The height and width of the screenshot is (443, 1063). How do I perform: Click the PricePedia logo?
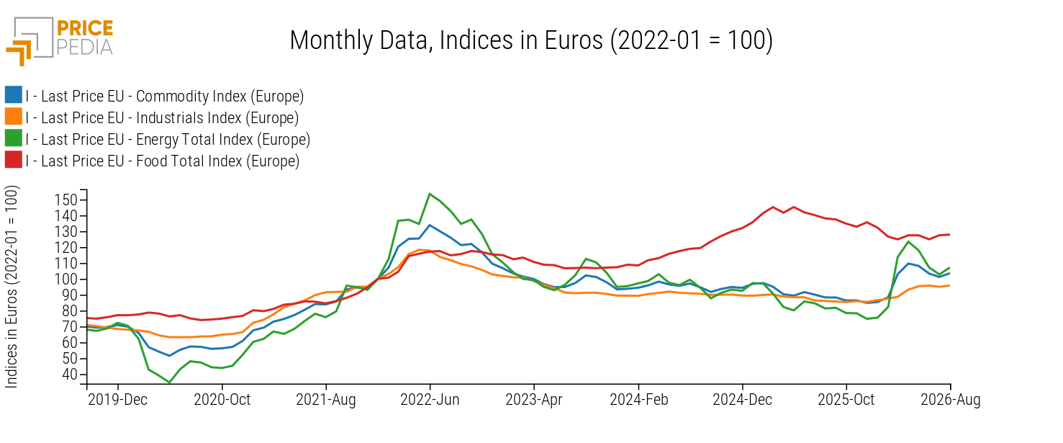[59, 41]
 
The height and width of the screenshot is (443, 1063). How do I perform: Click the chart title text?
[531, 40]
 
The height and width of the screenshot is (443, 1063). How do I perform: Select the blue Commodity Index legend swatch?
[13, 95]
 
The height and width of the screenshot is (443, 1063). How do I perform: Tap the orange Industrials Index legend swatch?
[13, 117]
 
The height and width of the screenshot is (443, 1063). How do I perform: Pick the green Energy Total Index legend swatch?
[13, 138]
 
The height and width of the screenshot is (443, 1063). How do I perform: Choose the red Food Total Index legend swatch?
[13, 160]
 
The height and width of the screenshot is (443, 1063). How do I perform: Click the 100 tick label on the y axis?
[65, 279]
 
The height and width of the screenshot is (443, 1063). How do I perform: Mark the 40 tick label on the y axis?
[69, 375]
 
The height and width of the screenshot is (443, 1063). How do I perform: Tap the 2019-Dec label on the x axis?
[118, 400]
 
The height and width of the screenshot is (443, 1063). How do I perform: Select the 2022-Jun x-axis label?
[430, 400]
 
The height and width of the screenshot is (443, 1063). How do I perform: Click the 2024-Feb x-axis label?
[639, 400]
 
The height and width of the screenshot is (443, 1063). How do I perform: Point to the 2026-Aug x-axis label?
[951, 400]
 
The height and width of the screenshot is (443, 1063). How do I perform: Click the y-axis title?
[11, 287]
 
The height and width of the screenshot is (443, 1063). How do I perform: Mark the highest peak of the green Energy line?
[430, 194]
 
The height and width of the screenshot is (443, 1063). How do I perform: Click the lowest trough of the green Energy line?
[169, 382]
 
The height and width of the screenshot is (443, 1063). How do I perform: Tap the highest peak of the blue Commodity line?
[430, 225]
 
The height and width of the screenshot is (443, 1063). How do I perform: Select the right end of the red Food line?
[949, 235]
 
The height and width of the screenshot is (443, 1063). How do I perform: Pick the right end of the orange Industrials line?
[949, 285]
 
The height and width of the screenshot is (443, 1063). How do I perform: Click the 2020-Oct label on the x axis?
[222, 400]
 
